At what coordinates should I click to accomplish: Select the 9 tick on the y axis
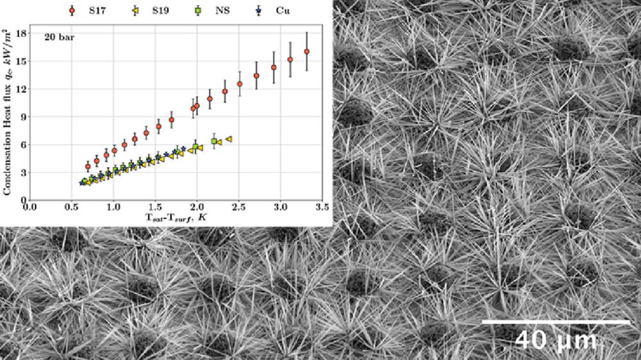click(22, 117)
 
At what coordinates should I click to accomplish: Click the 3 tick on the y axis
click(22, 172)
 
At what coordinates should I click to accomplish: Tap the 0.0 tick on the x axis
click(29, 207)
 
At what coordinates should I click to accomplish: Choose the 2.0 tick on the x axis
click(197, 207)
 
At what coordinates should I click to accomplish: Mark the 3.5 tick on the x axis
click(322, 207)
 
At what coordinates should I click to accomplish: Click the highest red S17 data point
click(306, 51)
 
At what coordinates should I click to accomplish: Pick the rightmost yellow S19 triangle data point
click(228, 139)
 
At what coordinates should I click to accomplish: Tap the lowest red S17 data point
click(88, 167)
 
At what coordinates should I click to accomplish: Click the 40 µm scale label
click(556, 339)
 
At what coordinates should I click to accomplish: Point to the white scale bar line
click(556, 322)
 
